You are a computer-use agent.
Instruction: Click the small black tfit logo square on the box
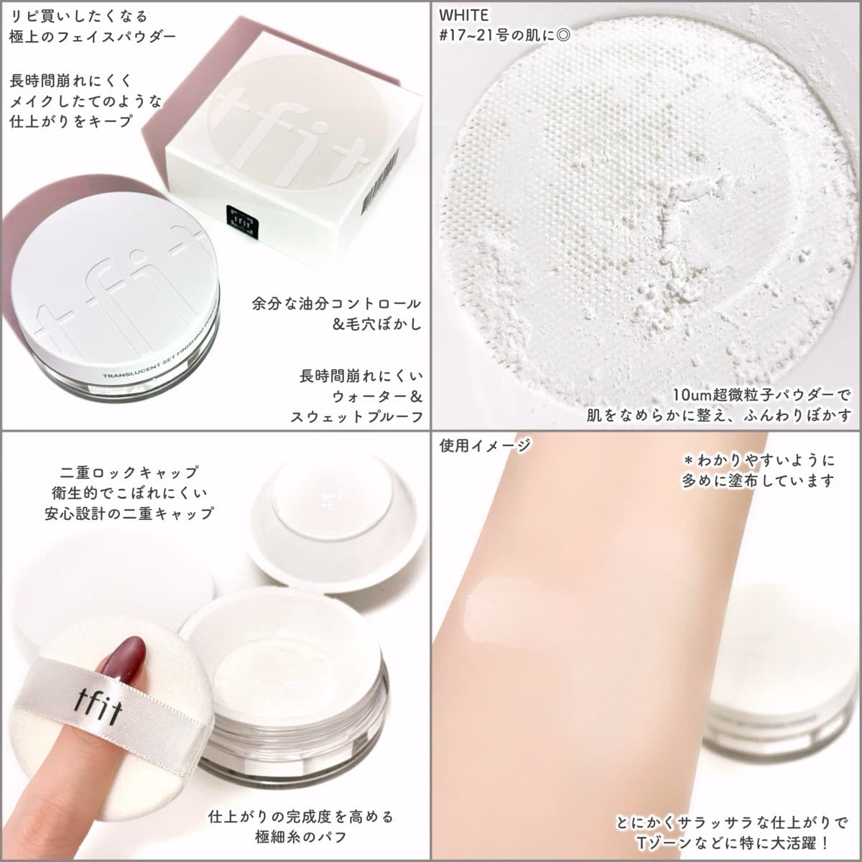pos(243,221)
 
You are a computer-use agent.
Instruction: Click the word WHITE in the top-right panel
pos(463,15)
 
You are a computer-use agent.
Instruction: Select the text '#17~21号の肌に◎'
pos(504,35)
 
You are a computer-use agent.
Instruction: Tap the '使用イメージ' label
pos(484,445)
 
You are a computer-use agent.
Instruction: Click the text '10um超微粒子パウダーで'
pos(761,395)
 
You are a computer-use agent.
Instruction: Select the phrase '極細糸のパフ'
pos(302,837)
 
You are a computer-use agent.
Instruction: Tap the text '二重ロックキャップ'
pos(129,472)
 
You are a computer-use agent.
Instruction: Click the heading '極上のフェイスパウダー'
pos(93,37)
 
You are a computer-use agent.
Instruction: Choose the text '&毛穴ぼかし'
pos(377,324)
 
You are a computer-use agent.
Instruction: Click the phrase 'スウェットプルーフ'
pos(356,417)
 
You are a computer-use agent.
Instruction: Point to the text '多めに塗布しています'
pos(758,481)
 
